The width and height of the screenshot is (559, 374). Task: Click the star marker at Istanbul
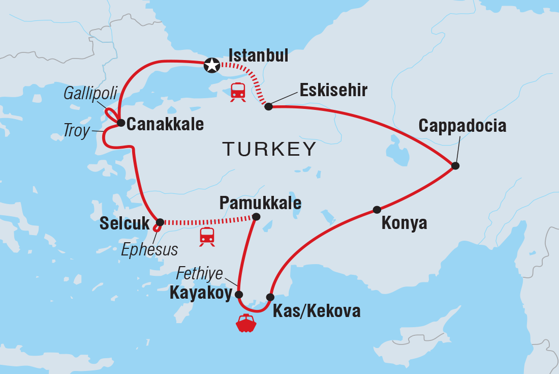click(x=211, y=65)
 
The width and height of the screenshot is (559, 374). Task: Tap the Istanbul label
click(x=258, y=55)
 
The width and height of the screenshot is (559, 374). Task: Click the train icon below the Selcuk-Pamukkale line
click(x=207, y=237)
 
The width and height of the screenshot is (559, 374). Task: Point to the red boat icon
click(x=246, y=323)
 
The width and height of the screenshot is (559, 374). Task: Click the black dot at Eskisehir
click(x=268, y=106)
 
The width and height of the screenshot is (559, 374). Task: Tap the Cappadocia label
click(x=462, y=126)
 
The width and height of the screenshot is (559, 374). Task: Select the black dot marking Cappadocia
click(x=455, y=165)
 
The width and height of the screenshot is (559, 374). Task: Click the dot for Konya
click(x=377, y=210)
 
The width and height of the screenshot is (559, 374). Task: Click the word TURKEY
click(x=269, y=149)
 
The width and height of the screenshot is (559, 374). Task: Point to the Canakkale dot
click(x=121, y=123)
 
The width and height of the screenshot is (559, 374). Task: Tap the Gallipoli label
click(x=90, y=93)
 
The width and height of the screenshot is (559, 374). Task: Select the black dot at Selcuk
click(x=160, y=222)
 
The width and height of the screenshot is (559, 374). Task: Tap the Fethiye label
click(x=199, y=274)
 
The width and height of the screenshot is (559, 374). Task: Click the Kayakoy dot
click(x=238, y=294)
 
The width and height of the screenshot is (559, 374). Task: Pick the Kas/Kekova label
click(x=317, y=311)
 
